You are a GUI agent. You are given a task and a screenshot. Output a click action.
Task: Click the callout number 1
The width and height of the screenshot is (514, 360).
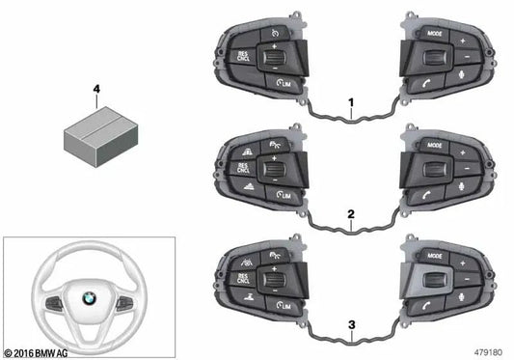pos(353,101)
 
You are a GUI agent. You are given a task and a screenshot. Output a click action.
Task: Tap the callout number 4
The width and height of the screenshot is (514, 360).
pos(95,88)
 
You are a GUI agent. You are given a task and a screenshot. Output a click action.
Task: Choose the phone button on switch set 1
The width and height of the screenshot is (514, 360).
pos(426,85)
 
